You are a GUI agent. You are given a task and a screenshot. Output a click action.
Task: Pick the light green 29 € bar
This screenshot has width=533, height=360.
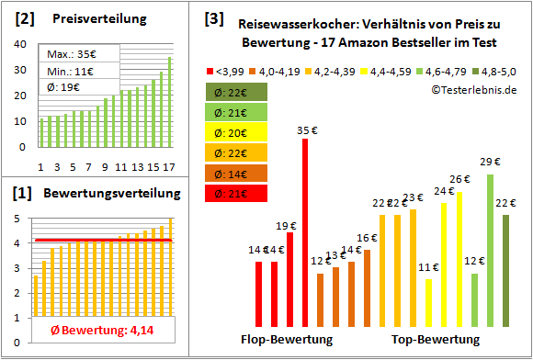click(x=491, y=251)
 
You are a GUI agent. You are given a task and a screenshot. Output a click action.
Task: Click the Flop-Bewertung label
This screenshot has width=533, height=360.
click(x=288, y=340)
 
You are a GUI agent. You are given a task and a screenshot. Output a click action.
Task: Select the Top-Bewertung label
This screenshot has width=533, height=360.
click(x=436, y=340)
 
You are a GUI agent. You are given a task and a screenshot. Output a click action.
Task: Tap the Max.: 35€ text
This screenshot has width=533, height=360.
click(x=72, y=53)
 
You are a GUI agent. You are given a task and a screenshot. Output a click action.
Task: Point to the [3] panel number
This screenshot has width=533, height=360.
click(x=213, y=17)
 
